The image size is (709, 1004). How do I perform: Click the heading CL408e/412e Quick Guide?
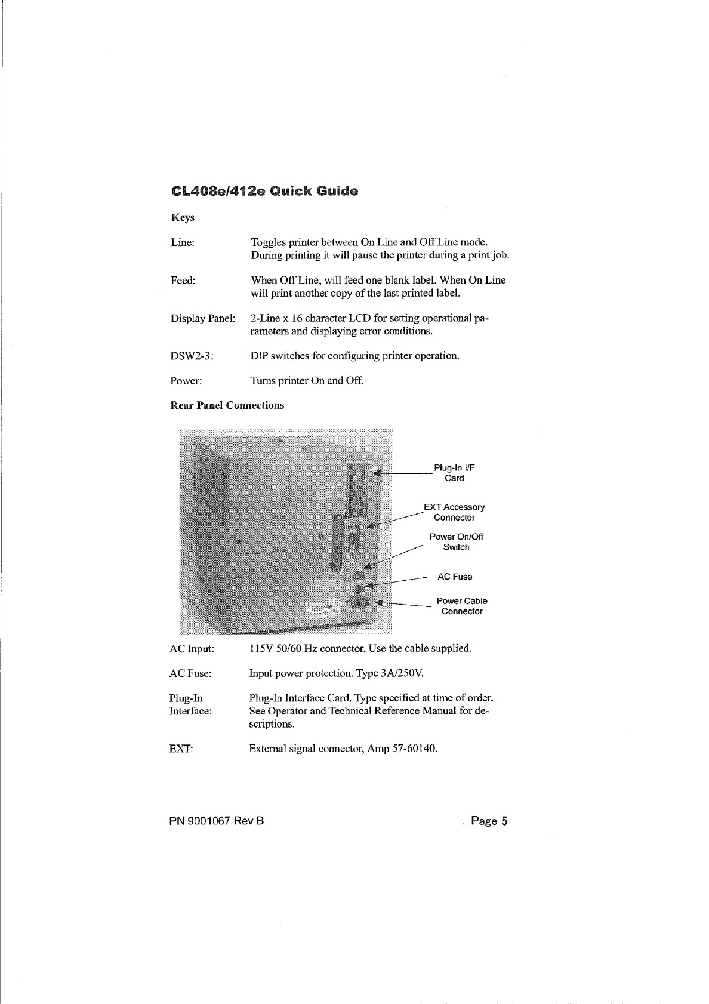(x=264, y=192)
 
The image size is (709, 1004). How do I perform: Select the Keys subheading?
(x=182, y=218)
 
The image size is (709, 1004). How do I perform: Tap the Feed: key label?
(x=183, y=281)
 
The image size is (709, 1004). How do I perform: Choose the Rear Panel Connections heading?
(x=227, y=406)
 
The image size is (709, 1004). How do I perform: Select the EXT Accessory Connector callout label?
(x=454, y=512)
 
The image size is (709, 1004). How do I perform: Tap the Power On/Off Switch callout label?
(x=456, y=541)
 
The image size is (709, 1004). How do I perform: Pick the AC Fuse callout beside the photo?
(x=455, y=577)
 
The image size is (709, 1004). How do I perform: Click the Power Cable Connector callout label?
(x=462, y=606)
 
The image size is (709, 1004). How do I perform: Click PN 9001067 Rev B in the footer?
(x=217, y=821)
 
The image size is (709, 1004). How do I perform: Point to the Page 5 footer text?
(x=489, y=821)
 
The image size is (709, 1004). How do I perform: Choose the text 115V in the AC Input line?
(x=260, y=648)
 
